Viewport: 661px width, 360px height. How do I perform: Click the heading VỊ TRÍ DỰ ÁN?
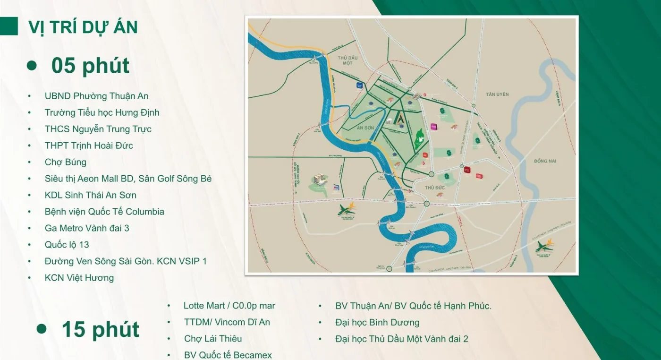(83, 27)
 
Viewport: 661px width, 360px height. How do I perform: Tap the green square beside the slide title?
(8, 26)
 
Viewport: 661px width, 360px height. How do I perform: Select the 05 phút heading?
(90, 66)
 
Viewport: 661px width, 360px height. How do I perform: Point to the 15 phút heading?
(100, 329)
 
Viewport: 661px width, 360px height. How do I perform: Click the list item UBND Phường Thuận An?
(96, 96)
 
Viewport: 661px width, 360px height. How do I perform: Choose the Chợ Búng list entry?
(65, 162)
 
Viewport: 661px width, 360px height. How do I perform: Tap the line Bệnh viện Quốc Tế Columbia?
(104, 212)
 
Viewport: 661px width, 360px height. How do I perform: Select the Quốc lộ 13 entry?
(67, 245)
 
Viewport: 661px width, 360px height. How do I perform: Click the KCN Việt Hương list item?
(79, 278)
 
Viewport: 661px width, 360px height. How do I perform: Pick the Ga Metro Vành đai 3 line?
(87, 228)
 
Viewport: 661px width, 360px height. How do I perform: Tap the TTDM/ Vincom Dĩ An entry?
(227, 322)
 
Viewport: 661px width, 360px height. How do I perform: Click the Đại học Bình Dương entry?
(377, 323)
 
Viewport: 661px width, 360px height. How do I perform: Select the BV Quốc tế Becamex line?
(228, 355)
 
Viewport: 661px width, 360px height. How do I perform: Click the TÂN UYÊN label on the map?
(497, 94)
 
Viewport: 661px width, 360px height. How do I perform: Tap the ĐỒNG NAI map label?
(545, 161)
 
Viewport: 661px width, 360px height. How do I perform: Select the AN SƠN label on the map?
(365, 128)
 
